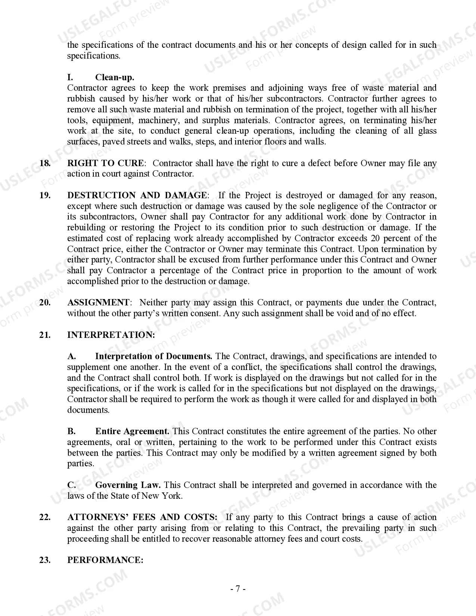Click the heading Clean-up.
pos(114,77)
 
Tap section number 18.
pos(45,163)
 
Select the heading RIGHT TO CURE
pos(105,163)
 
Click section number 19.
pos(45,195)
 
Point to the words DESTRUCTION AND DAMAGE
pos(136,195)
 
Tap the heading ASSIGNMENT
pos(98,302)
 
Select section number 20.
pos(45,302)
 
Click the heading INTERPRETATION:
pos(111,335)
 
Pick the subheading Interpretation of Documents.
pos(153,356)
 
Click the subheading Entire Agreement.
pos(132,431)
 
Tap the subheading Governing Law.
pos(128,485)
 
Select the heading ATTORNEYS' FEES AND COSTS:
pos(142,517)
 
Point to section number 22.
pos(45,517)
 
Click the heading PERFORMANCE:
pos(105,560)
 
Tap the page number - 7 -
pos(238,589)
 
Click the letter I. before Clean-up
pos(70,77)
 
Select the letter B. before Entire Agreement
pos(71,431)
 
